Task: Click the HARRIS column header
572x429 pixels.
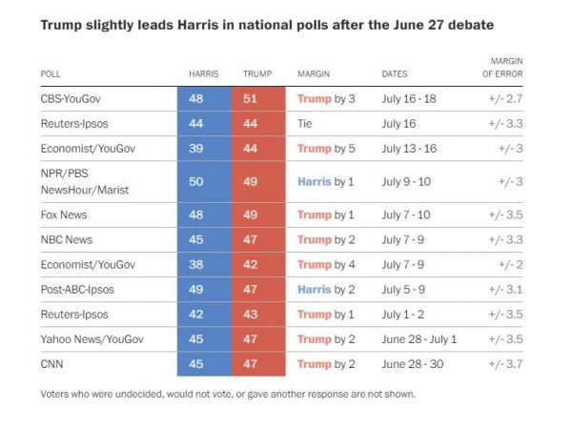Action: click(202, 73)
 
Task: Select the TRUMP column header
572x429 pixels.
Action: click(256, 73)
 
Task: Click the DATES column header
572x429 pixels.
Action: click(396, 73)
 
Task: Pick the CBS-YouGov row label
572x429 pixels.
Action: click(71, 98)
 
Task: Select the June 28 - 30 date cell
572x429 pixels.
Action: click(413, 363)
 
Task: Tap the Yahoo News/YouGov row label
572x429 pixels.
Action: click(87, 338)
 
